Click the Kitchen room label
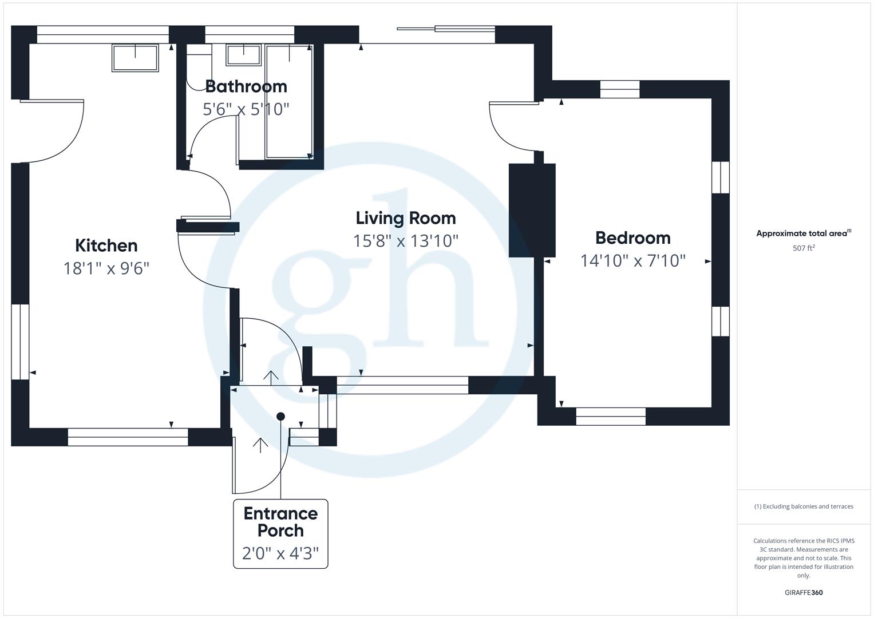click(x=106, y=245)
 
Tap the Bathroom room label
click(x=246, y=86)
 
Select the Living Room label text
click(x=406, y=218)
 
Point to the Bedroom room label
click(x=632, y=237)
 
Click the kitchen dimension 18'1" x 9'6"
click(x=106, y=268)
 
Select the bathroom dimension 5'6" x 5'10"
click(x=246, y=109)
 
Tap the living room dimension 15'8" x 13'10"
click(x=406, y=241)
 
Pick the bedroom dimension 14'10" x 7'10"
click(x=632, y=261)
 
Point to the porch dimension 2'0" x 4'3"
click(x=280, y=554)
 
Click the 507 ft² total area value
click(x=804, y=248)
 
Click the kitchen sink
click(x=135, y=58)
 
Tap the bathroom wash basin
click(x=243, y=55)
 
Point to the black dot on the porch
click(x=280, y=417)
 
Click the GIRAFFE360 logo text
click(x=804, y=593)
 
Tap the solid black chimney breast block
click(x=532, y=209)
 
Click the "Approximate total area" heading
click(x=802, y=233)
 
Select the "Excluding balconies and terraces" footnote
click(x=804, y=506)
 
